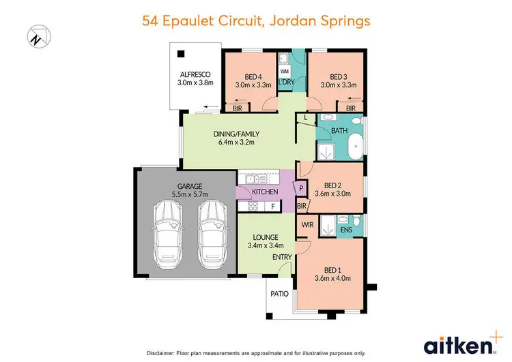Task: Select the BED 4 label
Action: pos(253,76)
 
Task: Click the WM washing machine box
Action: pos(285,70)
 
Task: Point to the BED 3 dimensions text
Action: pos(339,85)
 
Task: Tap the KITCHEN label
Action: pos(266,192)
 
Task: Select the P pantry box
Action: pos(300,187)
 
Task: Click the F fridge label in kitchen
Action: pos(273,206)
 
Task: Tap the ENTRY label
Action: pos(282,256)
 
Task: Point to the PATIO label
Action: pos(278,295)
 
